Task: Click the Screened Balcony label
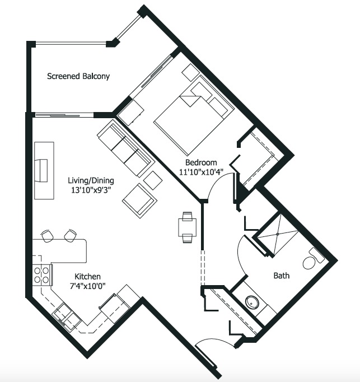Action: (78, 76)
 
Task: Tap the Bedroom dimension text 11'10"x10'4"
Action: (201, 172)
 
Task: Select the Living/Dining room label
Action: (91, 180)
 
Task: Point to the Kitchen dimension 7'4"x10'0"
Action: (88, 286)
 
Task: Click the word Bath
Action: (282, 276)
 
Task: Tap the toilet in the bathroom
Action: (313, 259)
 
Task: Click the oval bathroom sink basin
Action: (252, 302)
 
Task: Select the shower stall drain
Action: (278, 234)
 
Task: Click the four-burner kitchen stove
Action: (42, 274)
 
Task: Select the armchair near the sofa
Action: (139, 201)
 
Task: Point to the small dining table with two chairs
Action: (188, 227)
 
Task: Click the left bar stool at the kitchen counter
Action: (47, 236)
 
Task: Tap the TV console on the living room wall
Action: (44, 170)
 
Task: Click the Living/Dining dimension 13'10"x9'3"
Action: (91, 190)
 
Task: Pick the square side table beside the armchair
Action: (153, 180)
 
